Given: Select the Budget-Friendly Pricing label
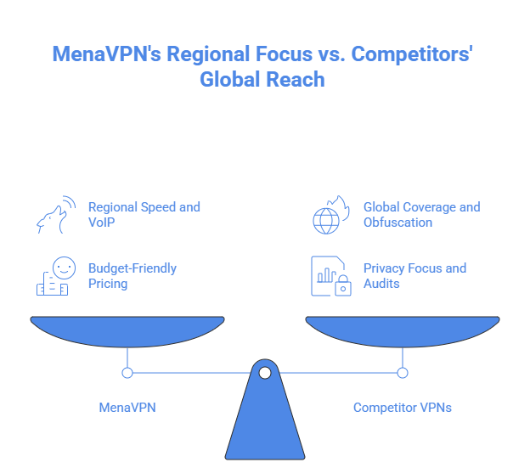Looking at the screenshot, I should [x=132, y=275].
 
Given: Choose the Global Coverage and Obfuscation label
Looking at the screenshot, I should [x=421, y=214].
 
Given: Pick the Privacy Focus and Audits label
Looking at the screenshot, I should [x=414, y=275].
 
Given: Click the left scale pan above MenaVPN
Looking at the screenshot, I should [x=127, y=331].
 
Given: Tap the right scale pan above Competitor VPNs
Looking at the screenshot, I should [x=403, y=331].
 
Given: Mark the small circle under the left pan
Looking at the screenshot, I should [x=127, y=372].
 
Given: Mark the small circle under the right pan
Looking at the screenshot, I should [x=403, y=372].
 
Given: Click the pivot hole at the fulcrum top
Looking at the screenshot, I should [x=265, y=372].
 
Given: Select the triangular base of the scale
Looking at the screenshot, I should [x=265, y=425].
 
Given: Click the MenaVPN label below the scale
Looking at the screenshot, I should [x=127, y=408].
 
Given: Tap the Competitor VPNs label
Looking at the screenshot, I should [x=403, y=408].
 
